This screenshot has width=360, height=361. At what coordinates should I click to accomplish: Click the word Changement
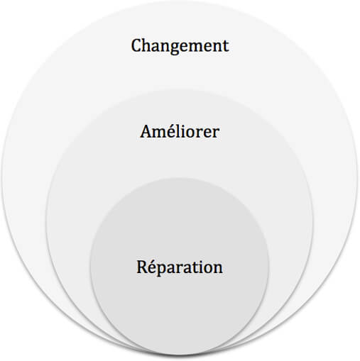[180, 46]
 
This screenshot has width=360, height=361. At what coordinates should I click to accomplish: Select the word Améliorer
[180, 131]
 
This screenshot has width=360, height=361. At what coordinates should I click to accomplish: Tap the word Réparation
[180, 267]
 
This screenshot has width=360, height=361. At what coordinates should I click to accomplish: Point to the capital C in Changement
[136, 45]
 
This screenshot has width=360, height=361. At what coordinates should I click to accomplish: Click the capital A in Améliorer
[146, 131]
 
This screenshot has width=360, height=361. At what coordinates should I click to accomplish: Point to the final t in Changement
[226, 46]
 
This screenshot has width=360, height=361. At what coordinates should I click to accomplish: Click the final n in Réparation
[217, 269]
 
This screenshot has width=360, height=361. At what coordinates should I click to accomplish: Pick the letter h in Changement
[148, 45]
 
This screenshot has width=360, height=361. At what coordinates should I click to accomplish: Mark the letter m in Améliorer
[160, 133]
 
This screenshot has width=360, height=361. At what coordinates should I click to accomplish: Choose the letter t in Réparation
[195, 267]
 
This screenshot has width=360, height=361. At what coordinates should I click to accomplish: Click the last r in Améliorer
[215, 133]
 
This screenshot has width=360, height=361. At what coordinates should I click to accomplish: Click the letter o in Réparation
[207, 269]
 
